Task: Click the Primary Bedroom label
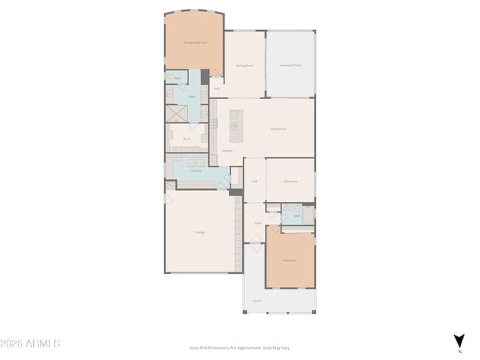(195, 43)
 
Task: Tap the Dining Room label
(244, 66)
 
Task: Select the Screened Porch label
(290, 66)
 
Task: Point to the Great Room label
(278, 129)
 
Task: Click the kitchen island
(236, 126)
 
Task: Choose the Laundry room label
(196, 171)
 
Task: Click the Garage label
(200, 232)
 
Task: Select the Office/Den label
(290, 181)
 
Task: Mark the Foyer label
(258, 223)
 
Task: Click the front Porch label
(257, 301)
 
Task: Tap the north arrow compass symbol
(459, 341)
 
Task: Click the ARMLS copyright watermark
(30, 344)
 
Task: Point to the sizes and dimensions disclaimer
(240, 347)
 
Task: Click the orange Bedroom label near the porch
(289, 260)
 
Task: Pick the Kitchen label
(228, 151)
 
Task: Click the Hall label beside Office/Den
(254, 181)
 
